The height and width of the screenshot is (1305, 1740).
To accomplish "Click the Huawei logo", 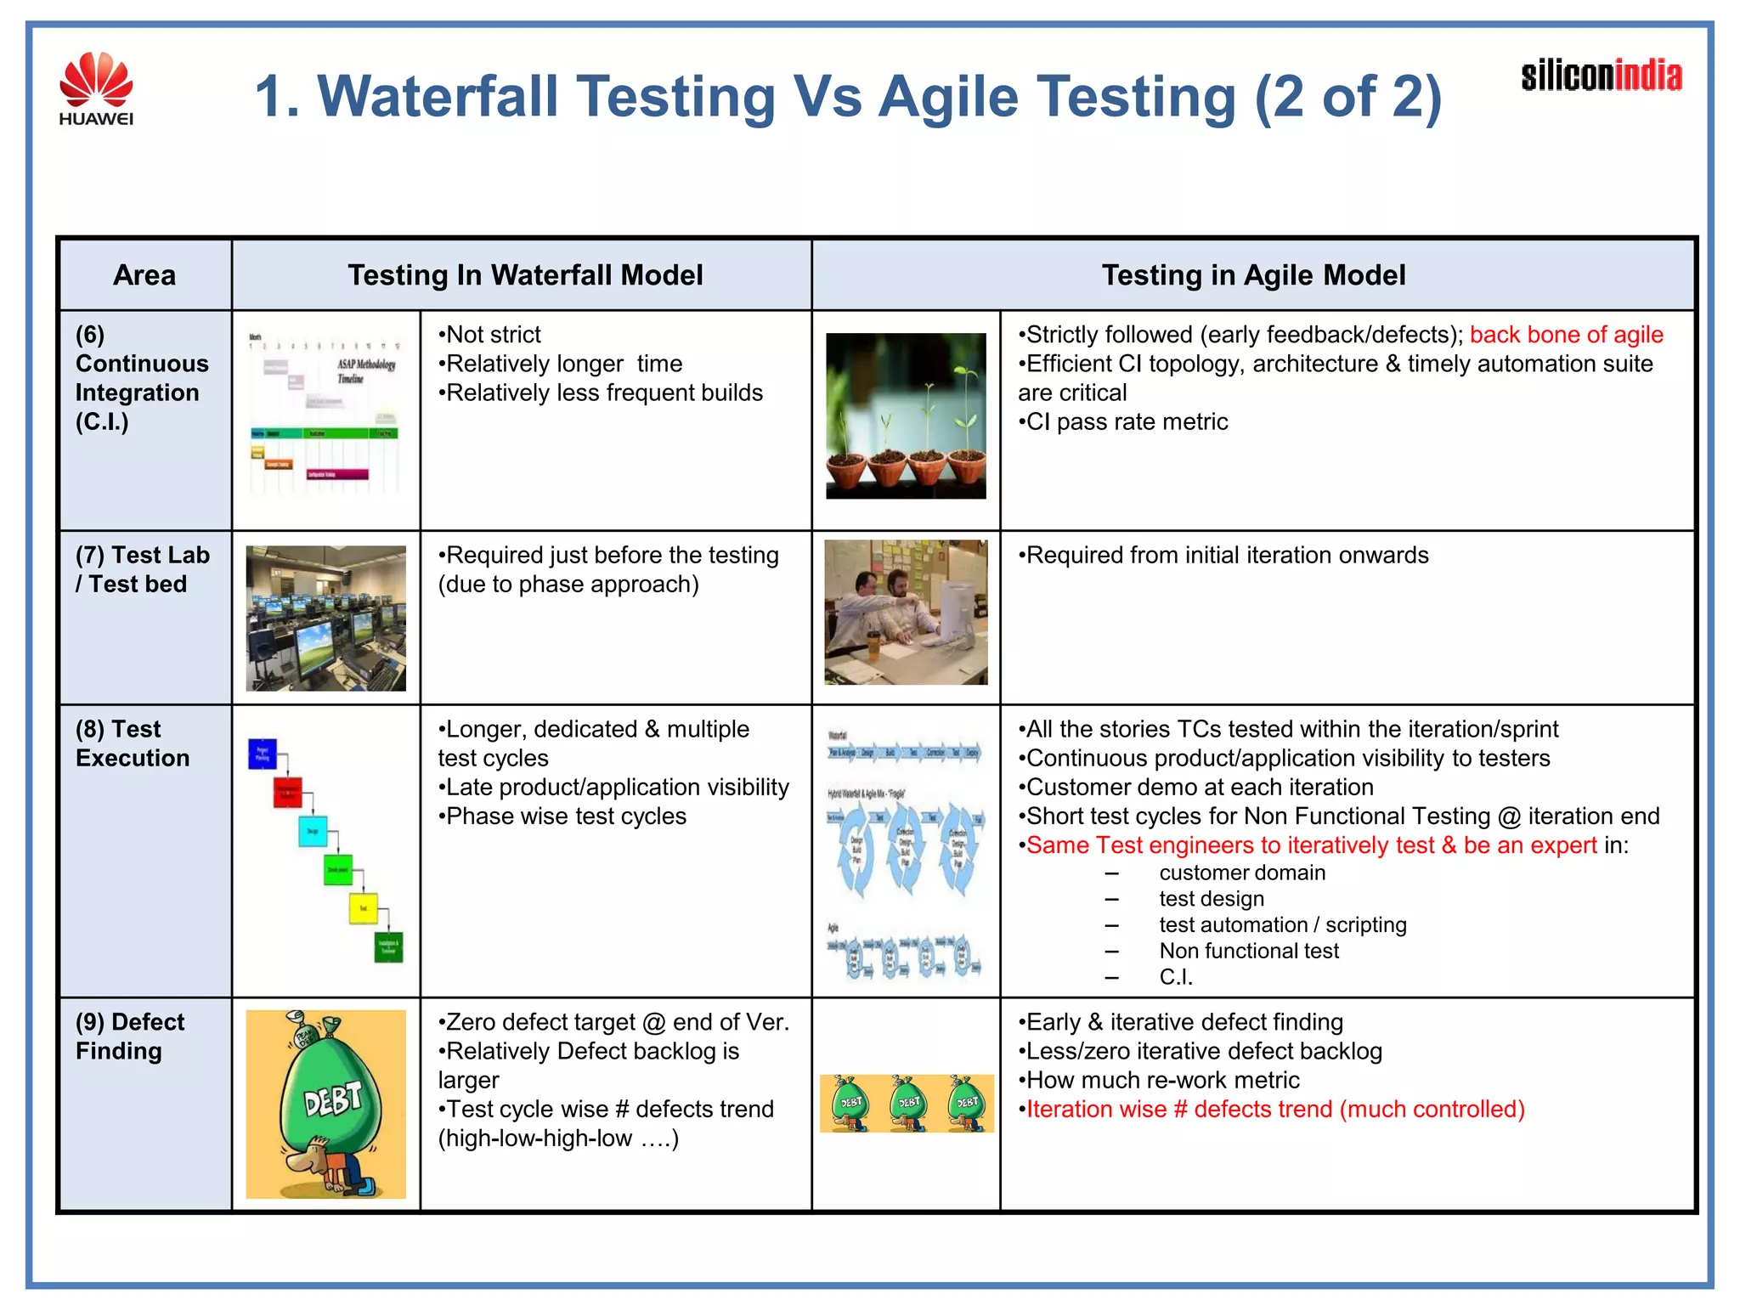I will point(96,88).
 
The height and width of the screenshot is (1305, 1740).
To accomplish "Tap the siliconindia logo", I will point(1601,76).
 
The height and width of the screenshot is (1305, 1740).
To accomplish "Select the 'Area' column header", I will point(144,275).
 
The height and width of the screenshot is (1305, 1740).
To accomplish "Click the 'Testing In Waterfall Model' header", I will point(525,275).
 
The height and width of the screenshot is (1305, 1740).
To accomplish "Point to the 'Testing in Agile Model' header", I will point(1253,275).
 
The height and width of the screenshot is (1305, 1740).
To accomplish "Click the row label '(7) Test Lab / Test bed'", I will point(142,569).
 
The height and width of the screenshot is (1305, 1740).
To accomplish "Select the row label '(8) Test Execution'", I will point(133,743).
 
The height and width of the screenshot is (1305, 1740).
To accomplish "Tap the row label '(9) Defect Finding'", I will point(129,1036).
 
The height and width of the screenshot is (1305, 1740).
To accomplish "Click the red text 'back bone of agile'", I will point(1566,335).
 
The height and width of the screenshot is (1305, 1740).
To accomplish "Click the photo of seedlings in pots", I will point(906,415).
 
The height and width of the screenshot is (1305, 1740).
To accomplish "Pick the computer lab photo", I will point(325,618).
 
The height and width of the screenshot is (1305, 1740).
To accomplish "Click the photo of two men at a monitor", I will point(906,613).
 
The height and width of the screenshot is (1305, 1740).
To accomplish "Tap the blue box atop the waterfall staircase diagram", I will point(263,754).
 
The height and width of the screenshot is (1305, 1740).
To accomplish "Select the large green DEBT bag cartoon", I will point(325,1104).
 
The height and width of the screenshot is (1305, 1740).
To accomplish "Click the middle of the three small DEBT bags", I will point(908,1103).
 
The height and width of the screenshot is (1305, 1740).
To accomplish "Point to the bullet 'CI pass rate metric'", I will point(1127,422).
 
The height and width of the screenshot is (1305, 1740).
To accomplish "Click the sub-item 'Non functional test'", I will point(1248,951).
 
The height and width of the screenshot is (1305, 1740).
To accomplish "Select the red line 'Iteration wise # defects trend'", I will point(1274,1110).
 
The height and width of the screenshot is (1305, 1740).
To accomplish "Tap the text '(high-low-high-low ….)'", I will point(558,1138).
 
